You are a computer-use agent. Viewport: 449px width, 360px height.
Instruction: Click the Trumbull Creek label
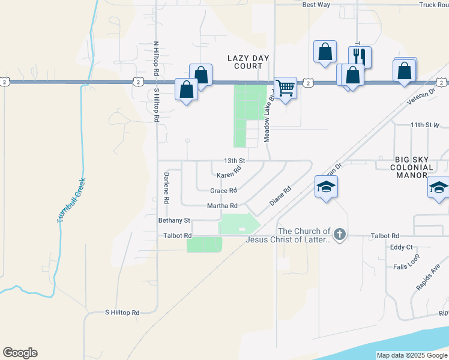pos(71,200)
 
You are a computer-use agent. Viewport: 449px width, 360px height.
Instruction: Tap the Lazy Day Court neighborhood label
pos(249,62)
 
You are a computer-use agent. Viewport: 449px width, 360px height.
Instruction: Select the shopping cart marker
pos(285,88)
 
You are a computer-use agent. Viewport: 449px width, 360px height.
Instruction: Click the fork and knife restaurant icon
pos(360,56)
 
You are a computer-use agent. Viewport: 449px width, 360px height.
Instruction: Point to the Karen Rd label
pos(229,172)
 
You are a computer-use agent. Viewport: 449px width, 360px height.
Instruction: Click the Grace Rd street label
pos(223,191)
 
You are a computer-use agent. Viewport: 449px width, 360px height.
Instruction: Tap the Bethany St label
pos(174,221)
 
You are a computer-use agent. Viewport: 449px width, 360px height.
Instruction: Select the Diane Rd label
pos(280,196)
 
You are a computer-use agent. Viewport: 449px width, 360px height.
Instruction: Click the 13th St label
pos(235,161)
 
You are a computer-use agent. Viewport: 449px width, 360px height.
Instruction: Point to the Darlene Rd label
pos(167,187)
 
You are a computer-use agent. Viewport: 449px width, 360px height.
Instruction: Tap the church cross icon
pos(340,235)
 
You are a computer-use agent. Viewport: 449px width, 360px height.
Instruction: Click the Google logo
pos(20,353)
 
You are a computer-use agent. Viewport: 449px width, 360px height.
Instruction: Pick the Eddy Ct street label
pos(401,247)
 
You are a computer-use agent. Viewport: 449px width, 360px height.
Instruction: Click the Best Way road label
pos(316,5)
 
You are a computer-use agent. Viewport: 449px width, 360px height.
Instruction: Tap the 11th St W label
pos(426,125)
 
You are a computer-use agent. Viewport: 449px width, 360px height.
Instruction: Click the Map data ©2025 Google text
pos(412,355)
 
